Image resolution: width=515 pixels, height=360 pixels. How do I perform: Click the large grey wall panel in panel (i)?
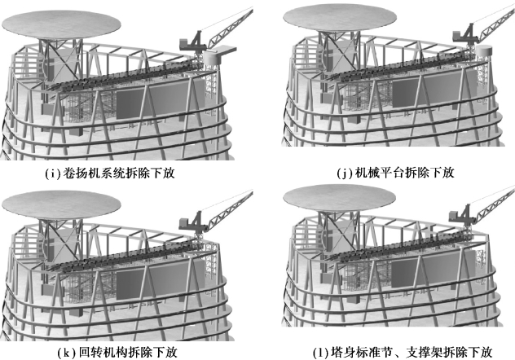pos(139,104)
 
